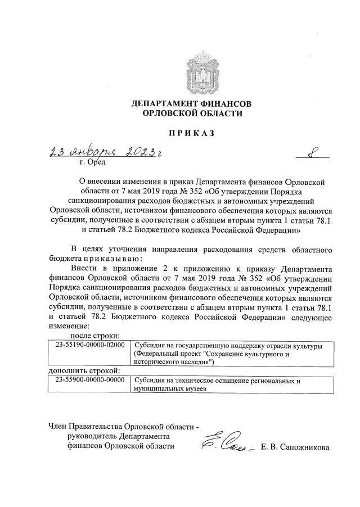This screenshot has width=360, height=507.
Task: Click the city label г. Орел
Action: click(x=92, y=164)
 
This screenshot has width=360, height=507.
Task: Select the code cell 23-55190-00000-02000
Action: click(x=90, y=345)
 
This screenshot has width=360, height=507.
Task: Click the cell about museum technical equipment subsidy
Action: click(x=217, y=384)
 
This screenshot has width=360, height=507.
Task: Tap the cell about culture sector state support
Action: click(x=227, y=354)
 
